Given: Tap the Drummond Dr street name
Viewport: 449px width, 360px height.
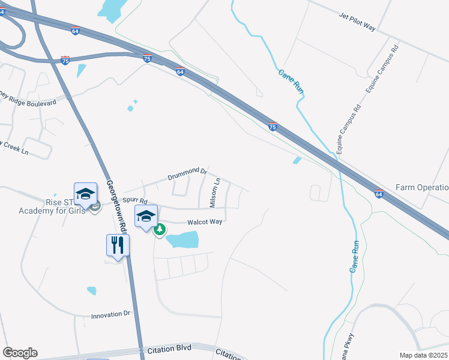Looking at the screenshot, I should tap(187, 175).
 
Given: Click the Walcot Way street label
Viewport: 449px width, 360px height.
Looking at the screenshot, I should tap(205, 221).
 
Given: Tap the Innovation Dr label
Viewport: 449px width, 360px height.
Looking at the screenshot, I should tap(110, 314).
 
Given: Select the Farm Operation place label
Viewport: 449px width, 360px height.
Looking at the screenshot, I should tap(422, 187).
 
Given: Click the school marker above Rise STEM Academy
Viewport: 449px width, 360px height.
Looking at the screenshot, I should tap(85, 193).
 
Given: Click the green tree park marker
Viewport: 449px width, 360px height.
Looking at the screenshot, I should tap(160, 229).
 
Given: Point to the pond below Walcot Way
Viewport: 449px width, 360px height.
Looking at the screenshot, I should tap(182, 241).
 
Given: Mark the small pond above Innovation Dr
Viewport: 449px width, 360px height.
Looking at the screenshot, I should tap(91, 291).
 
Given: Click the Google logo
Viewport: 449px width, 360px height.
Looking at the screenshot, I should tap(20, 353).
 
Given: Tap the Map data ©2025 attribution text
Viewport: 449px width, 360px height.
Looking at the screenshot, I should tap(423, 355).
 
